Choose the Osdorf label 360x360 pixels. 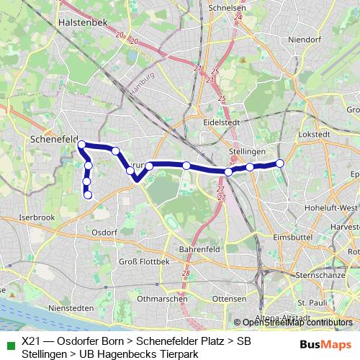tap(105, 232)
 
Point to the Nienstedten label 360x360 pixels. tap(51, 306)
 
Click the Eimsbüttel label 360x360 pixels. tap(293, 235)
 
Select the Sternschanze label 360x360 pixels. tap(322, 275)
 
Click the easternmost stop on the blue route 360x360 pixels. tap(280, 163)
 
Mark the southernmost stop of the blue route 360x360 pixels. tap(88, 194)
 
